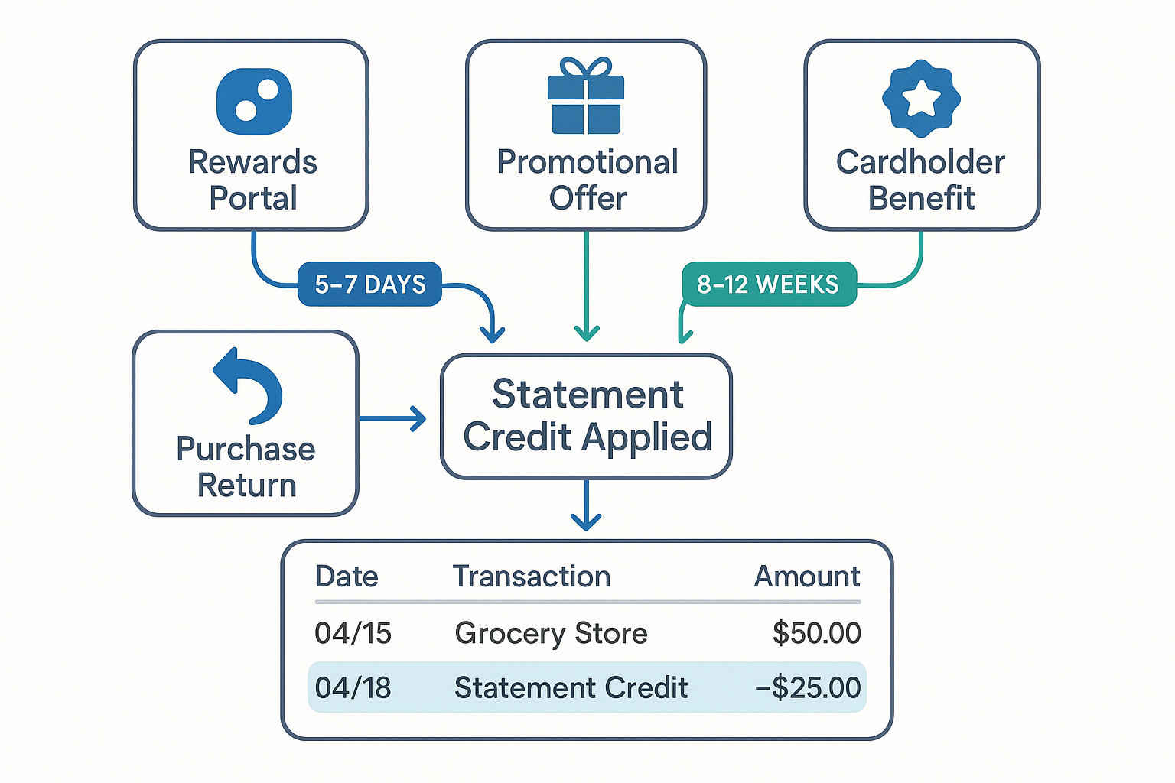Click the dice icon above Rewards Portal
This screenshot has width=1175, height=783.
254,102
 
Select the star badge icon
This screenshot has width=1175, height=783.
921,98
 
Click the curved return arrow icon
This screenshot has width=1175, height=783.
249,385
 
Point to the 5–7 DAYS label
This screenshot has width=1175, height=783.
369,284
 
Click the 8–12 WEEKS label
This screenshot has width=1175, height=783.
768,284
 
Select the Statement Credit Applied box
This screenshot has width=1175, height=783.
586,417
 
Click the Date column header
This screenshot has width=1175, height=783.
347,577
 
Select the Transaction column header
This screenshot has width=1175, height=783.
532,577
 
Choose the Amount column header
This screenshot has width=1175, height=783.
807,577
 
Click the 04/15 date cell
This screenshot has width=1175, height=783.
353,633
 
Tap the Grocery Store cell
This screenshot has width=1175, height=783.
551,633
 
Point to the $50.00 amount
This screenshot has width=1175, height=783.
816,633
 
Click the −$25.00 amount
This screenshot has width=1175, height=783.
808,687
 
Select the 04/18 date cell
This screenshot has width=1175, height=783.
353,687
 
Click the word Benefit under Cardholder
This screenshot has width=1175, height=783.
921,198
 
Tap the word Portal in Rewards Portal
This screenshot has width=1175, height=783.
253,198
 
